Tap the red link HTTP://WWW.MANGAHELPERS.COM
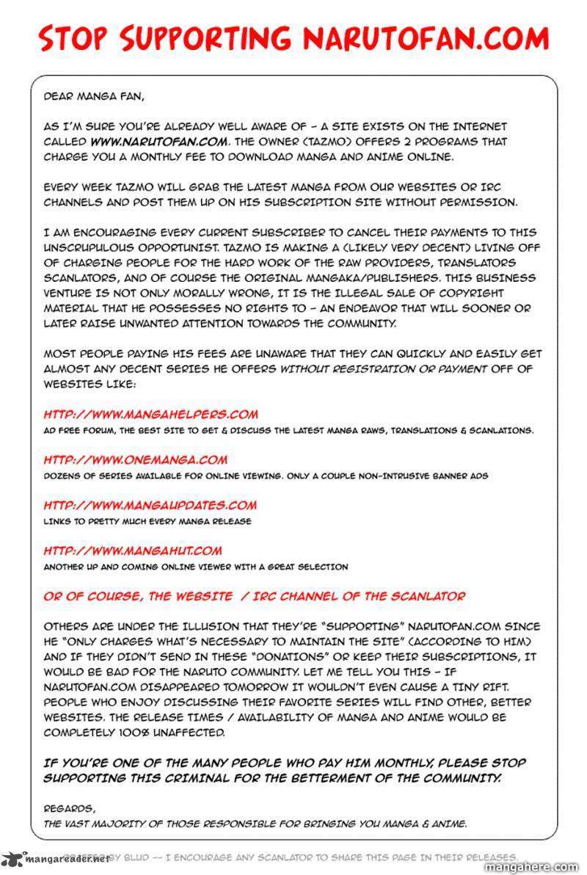[150, 414]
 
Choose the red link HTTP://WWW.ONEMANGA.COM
[135, 460]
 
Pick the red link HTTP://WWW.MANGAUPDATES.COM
[150, 505]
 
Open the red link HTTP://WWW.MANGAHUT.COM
[132, 551]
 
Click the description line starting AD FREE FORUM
[288, 430]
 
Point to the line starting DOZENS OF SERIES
[266, 476]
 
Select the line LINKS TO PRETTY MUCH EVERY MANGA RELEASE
[147, 521]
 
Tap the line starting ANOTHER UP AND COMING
[196, 567]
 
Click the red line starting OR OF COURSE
[254, 597]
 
